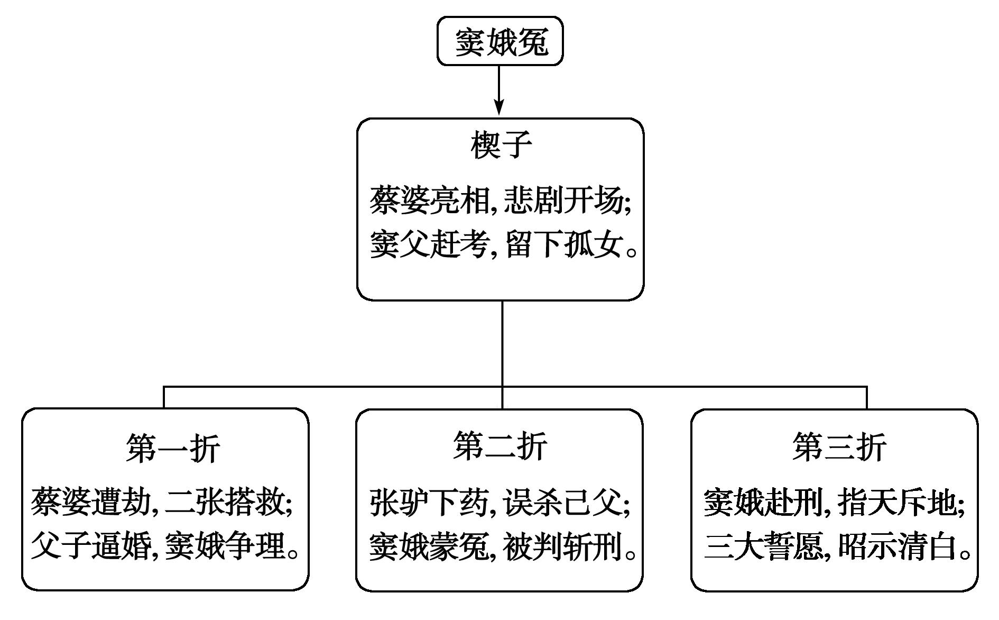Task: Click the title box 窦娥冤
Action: coord(500,41)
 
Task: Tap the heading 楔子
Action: coord(501,144)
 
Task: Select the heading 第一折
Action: coord(173,449)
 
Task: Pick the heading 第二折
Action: coord(500,446)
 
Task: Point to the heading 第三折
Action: coord(839,446)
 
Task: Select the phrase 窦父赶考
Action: coord(429,245)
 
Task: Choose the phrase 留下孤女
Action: coord(563,245)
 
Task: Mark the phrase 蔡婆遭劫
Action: coord(91,502)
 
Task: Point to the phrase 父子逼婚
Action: coord(91,545)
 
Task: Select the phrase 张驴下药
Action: coord(429,502)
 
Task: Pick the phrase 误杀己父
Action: coord(563,502)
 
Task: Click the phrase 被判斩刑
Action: coord(563,546)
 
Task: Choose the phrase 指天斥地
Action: coord(898,502)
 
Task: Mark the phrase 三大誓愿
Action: coord(764,546)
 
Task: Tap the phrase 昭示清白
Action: coord(898,546)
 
